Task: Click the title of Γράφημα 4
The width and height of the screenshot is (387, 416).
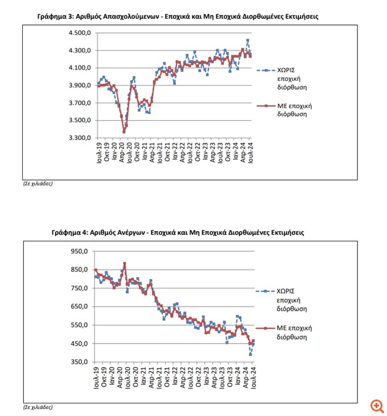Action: (x=177, y=233)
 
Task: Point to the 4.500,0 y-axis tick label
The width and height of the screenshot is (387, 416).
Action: (x=80, y=33)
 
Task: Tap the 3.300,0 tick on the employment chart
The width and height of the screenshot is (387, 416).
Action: (x=80, y=138)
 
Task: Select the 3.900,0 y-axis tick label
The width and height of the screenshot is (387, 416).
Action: (x=80, y=85)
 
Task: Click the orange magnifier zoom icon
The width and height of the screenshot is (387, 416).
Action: (x=376, y=405)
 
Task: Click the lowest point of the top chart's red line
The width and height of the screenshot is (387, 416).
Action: (x=124, y=131)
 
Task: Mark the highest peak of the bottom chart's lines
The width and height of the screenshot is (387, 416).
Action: (x=125, y=263)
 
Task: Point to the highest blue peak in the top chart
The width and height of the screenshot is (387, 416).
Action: (x=248, y=40)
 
